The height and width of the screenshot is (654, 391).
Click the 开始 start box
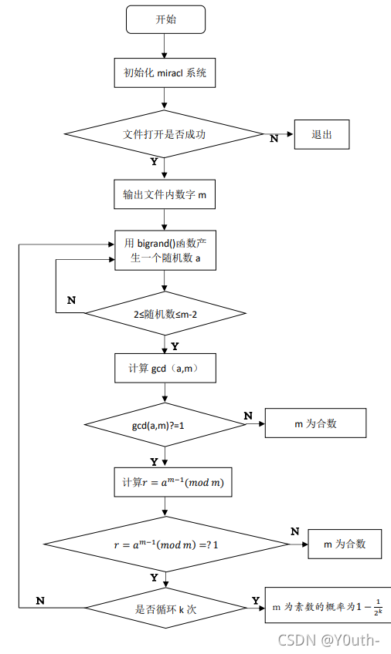pos(165,19)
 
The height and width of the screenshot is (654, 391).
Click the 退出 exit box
pos(321,134)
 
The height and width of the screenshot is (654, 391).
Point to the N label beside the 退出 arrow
pos(274,139)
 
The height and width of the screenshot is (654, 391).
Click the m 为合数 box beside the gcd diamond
pos(314,423)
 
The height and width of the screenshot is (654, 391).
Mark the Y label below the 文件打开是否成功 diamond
pos(154,162)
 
